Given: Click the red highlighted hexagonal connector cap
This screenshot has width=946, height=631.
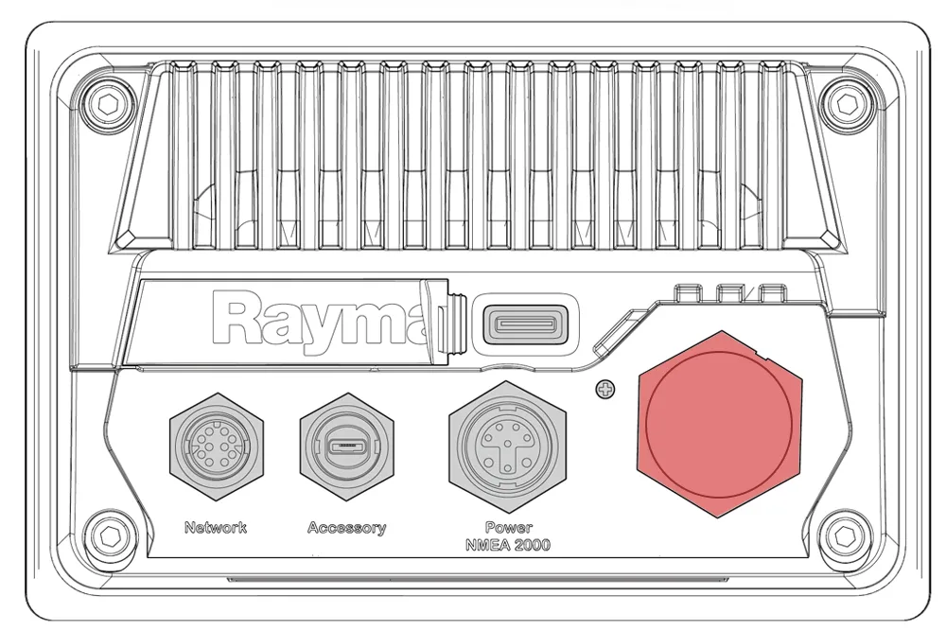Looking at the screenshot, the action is point(720,424).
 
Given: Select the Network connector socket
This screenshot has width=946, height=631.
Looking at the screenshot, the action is point(217,447).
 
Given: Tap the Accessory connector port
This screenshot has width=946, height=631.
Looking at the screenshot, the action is point(347,447).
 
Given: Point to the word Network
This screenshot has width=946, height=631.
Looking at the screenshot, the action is point(216,528).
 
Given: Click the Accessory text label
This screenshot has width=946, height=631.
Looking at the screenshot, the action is point(347,528).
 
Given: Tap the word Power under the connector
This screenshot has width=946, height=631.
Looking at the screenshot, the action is point(509,528).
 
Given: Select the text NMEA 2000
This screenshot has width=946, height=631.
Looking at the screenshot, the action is point(508,545).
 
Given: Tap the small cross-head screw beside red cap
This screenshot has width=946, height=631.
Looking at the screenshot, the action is point(605,390).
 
